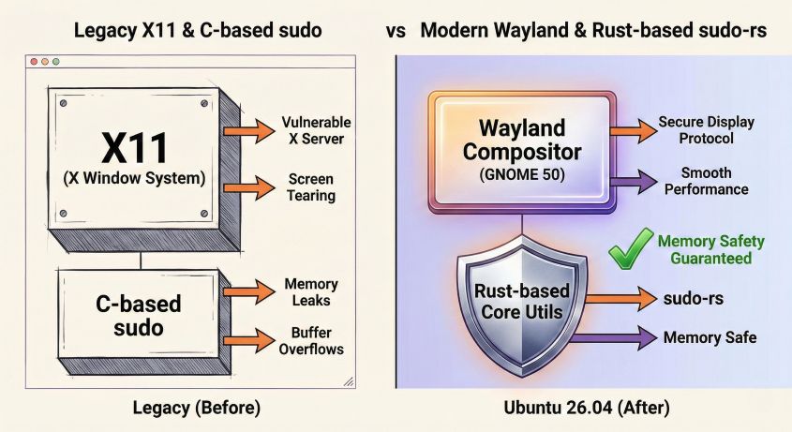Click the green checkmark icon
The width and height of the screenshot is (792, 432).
click(630, 250)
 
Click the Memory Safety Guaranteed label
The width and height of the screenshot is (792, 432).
click(710, 250)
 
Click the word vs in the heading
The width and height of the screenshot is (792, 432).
click(396, 30)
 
